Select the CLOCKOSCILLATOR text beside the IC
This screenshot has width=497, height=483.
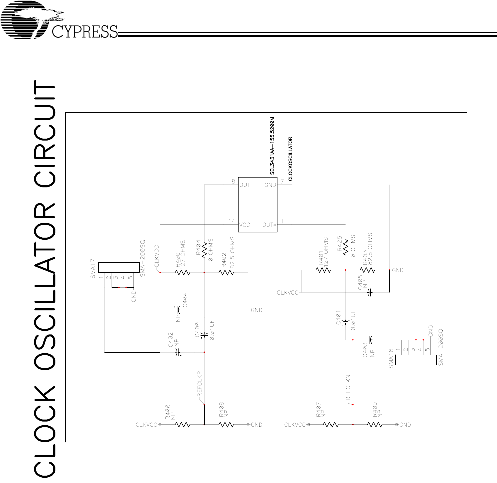click(x=291, y=156)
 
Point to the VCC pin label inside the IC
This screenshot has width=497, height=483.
click(x=246, y=225)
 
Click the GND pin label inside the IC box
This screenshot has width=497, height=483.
click(x=270, y=185)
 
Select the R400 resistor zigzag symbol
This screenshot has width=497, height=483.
click(x=182, y=273)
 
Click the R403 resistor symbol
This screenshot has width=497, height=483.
click(x=367, y=270)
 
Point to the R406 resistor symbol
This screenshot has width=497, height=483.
click(x=182, y=424)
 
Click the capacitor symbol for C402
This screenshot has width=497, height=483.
click(x=177, y=352)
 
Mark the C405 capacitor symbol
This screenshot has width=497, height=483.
click(x=370, y=291)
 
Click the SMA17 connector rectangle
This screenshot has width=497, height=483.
click(x=119, y=267)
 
